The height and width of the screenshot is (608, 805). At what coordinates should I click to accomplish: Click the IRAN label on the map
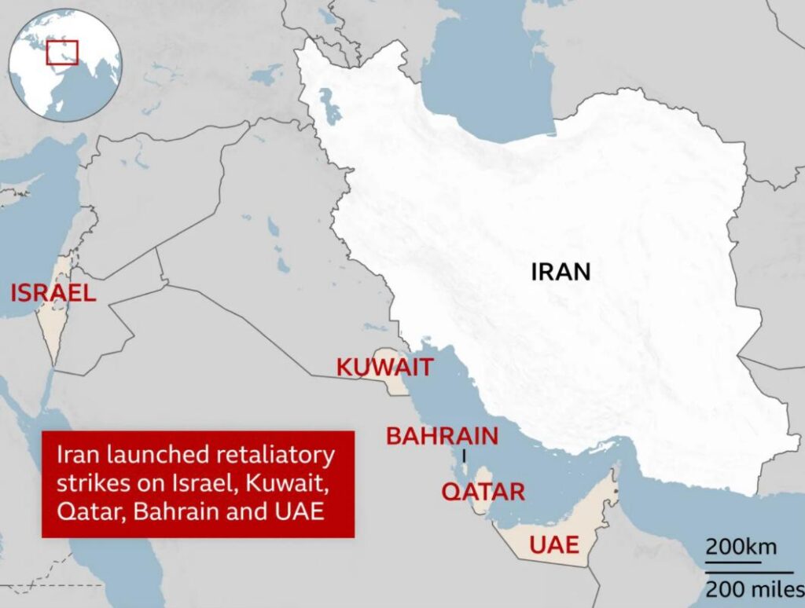click(561, 272)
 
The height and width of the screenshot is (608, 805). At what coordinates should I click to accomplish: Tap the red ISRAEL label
click(53, 294)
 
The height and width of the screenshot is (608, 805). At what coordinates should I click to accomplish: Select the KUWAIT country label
click(384, 367)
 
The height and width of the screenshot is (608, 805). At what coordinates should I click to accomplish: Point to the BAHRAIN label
click(442, 436)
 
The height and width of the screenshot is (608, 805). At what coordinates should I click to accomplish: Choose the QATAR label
click(483, 492)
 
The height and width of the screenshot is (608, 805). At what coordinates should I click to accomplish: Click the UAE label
click(554, 544)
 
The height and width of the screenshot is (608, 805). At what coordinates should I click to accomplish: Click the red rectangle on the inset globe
click(62, 52)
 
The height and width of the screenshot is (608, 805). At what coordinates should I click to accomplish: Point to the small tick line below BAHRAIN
click(465, 456)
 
